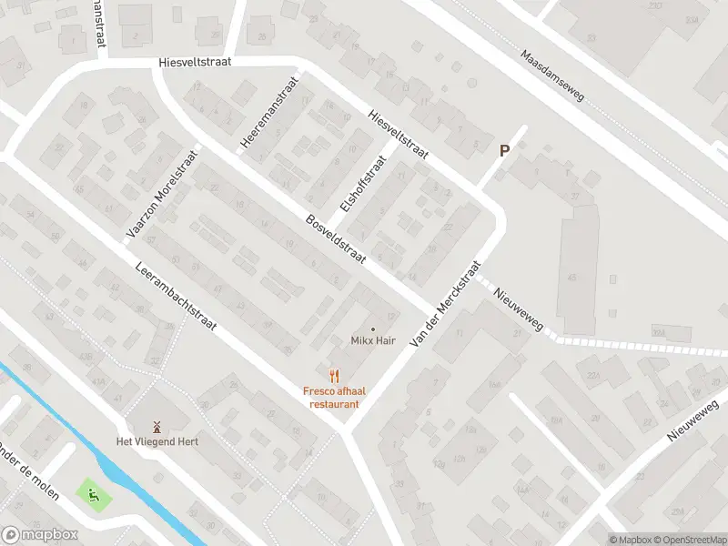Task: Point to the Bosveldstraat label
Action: [336, 239]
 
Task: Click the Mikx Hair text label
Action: [372, 341]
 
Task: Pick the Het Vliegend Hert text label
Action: [156, 442]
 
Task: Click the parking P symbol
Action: [503, 152]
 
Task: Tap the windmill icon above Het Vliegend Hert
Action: [156, 426]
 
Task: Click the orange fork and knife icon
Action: [333, 374]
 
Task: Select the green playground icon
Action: [94, 496]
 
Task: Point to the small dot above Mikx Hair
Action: [372, 329]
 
